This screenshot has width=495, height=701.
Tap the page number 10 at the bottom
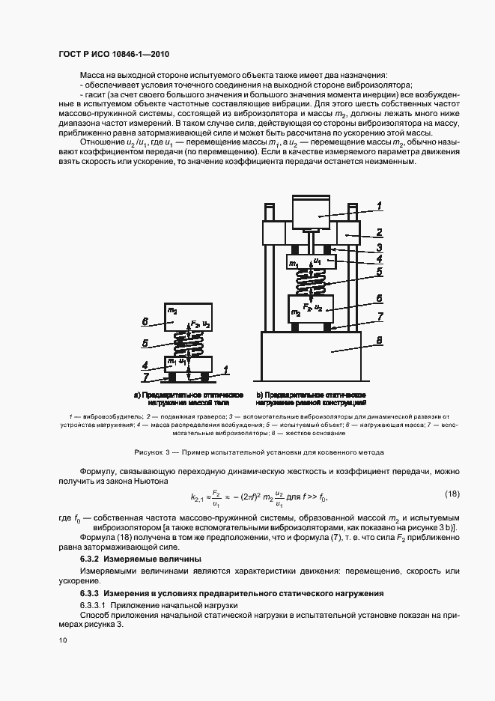click(61, 640)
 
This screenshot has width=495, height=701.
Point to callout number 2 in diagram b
click(380, 232)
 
